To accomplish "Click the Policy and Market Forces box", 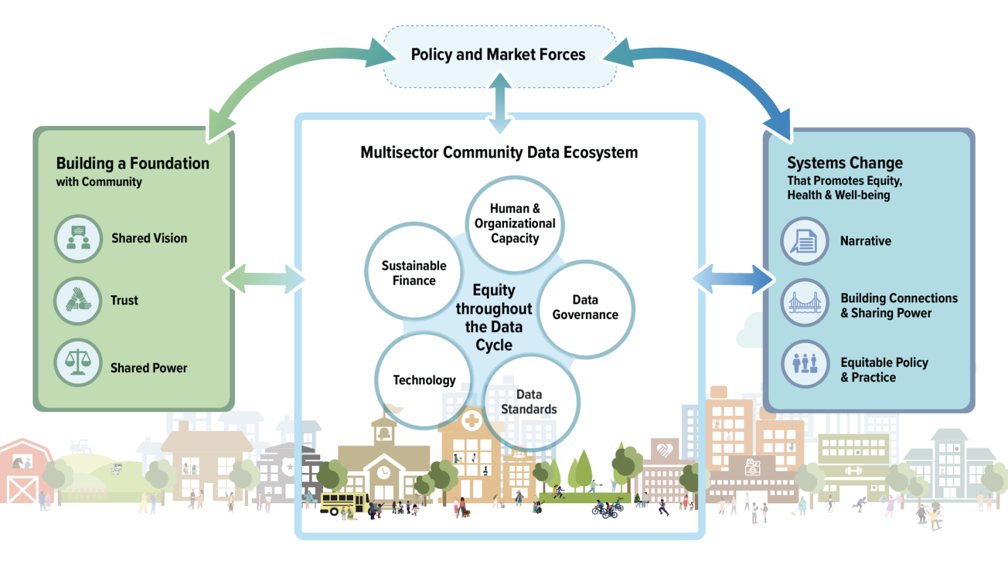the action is click(x=499, y=56).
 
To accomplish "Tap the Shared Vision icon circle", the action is click(x=79, y=238).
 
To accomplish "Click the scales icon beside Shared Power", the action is click(x=78, y=363).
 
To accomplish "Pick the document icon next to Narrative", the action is click(x=805, y=241).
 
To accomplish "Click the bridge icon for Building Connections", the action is click(x=805, y=302).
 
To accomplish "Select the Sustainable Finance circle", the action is click(x=413, y=271).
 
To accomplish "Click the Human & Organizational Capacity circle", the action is click(x=514, y=224).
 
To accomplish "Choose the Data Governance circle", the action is click(x=585, y=309).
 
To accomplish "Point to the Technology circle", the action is click(x=424, y=380).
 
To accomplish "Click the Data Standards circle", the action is click(x=530, y=402).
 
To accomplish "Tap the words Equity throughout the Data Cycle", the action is click(x=494, y=318).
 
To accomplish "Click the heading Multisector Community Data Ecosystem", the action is click(x=499, y=152).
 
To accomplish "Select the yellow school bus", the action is click(x=345, y=503).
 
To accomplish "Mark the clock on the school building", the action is click(x=383, y=472).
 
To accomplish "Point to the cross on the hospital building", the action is click(x=471, y=421).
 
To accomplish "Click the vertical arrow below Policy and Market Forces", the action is click(x=500, y=103).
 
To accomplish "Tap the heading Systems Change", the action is click(x=845, y=163).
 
